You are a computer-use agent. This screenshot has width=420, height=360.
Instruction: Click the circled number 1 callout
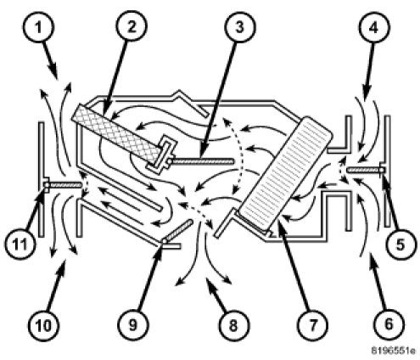tap(38, 27)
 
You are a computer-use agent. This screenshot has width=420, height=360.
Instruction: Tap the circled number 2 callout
tap(131, 26)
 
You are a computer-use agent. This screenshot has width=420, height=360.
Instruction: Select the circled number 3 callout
tap(239, 26)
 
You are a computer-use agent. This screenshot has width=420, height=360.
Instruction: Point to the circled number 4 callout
tap(374, 27)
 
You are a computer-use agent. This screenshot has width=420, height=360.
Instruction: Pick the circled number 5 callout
tap(400, 245)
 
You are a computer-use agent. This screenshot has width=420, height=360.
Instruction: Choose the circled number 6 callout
tap(389, 324)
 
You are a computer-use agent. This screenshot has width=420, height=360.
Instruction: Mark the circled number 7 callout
tap(312, 325)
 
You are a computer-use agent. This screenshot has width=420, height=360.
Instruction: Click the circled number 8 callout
tap(232, 325)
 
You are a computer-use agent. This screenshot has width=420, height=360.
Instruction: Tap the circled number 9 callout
tap(132, 325)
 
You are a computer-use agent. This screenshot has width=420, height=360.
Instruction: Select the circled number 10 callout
tap(44, 325)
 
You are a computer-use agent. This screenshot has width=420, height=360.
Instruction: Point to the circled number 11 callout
tap(20, 244)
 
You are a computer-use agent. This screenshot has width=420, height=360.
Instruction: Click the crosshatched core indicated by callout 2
tap(116, 134)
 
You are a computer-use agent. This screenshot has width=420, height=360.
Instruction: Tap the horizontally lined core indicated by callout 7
tap(284, 173)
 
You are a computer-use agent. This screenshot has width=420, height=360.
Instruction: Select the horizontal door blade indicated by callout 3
tap(202, 161)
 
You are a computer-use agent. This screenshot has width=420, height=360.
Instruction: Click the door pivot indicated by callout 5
tap(383, 170)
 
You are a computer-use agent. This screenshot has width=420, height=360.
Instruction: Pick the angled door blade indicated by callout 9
tap(178, 231)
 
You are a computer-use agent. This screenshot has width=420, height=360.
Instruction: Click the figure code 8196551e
tap(394, 351)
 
